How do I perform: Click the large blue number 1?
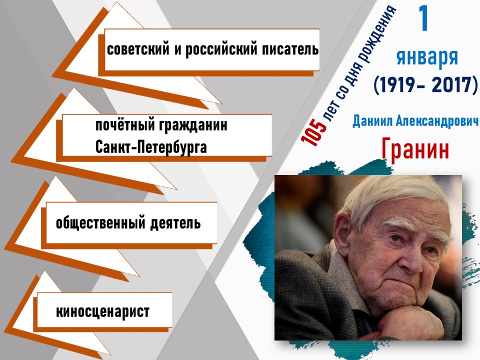coord(423,18)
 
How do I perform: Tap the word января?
coord(427,57)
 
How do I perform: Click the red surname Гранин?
coord(415,149)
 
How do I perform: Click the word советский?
coord(138,49)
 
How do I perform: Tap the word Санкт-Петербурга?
coord(151,147)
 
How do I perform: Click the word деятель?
coord(175,223)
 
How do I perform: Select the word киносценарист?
coord(102,311)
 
